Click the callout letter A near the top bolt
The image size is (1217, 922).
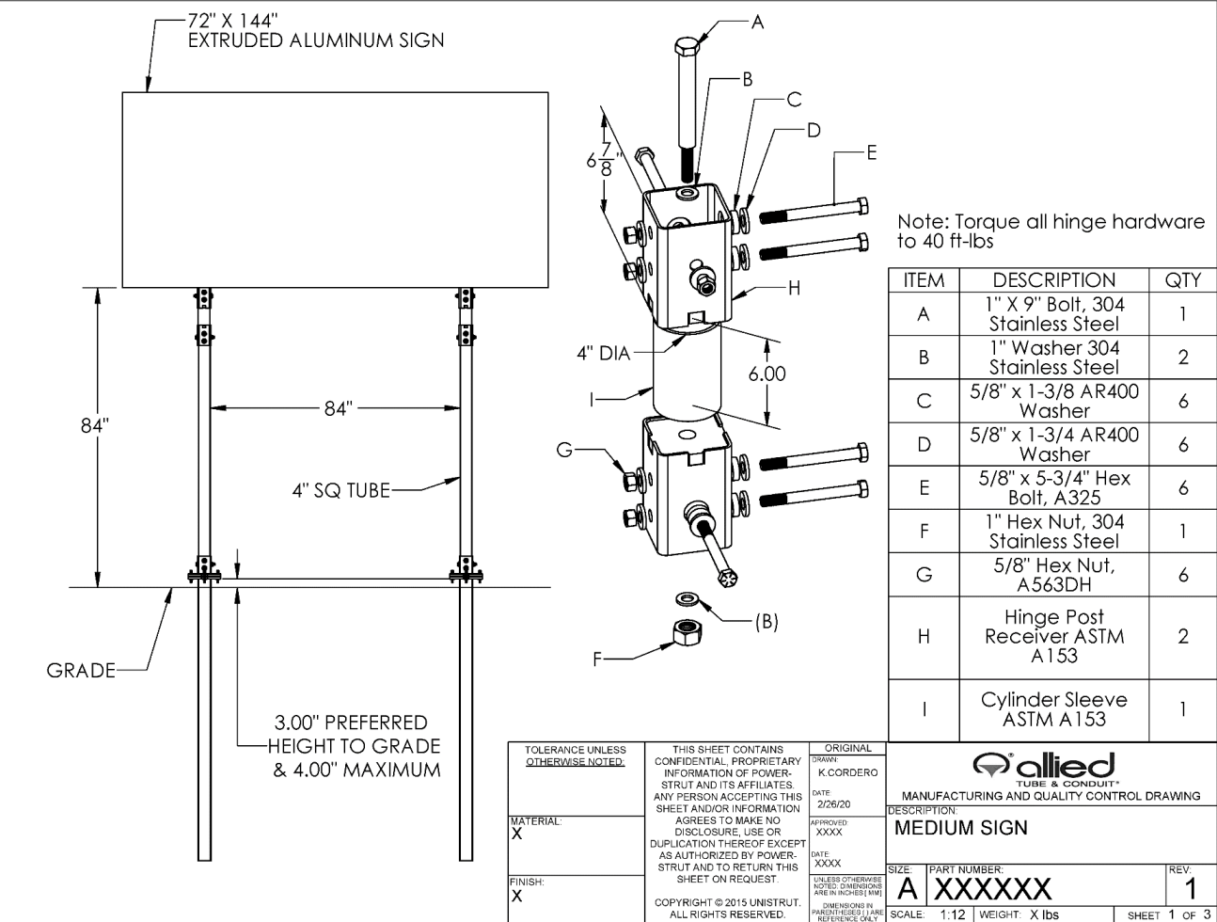coord(758,22)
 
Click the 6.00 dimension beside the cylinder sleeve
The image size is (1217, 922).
coord(767,374)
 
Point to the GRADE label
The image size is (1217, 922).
coord(81,670)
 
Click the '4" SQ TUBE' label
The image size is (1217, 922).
coord(340,489)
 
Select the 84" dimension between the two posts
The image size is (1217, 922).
coord(338,408)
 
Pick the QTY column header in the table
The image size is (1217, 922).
coord(1182,279)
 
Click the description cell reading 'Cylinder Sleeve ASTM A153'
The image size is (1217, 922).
coord(1053,709)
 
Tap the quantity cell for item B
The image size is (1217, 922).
coord(1182,358)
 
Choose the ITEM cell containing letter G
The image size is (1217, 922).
coord(924,574)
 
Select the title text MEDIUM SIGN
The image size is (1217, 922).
coord(961,829)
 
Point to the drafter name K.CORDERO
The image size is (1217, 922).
coord(848,772)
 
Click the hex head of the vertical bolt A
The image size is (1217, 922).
coord(686,47)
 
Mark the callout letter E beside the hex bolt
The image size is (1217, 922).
coord(871,152)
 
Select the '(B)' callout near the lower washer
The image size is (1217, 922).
coord(767,621)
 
